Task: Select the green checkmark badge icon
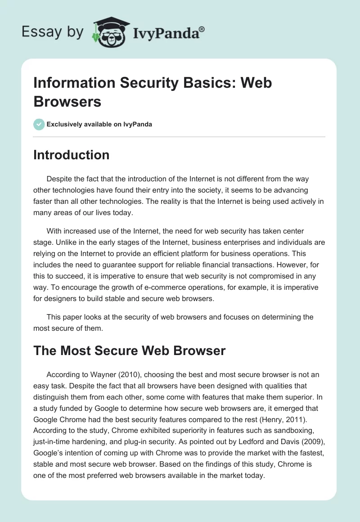pyautogui.click(x=39, y=124)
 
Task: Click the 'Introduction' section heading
pyautogui.click(x=71, y=155)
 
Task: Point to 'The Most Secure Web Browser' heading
pyautogui.click(x=129, y=351)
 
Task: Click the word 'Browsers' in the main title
pyautogui.click(x=67, y=101)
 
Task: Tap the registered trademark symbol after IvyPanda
pyautogui.click(x=202, y=29)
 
